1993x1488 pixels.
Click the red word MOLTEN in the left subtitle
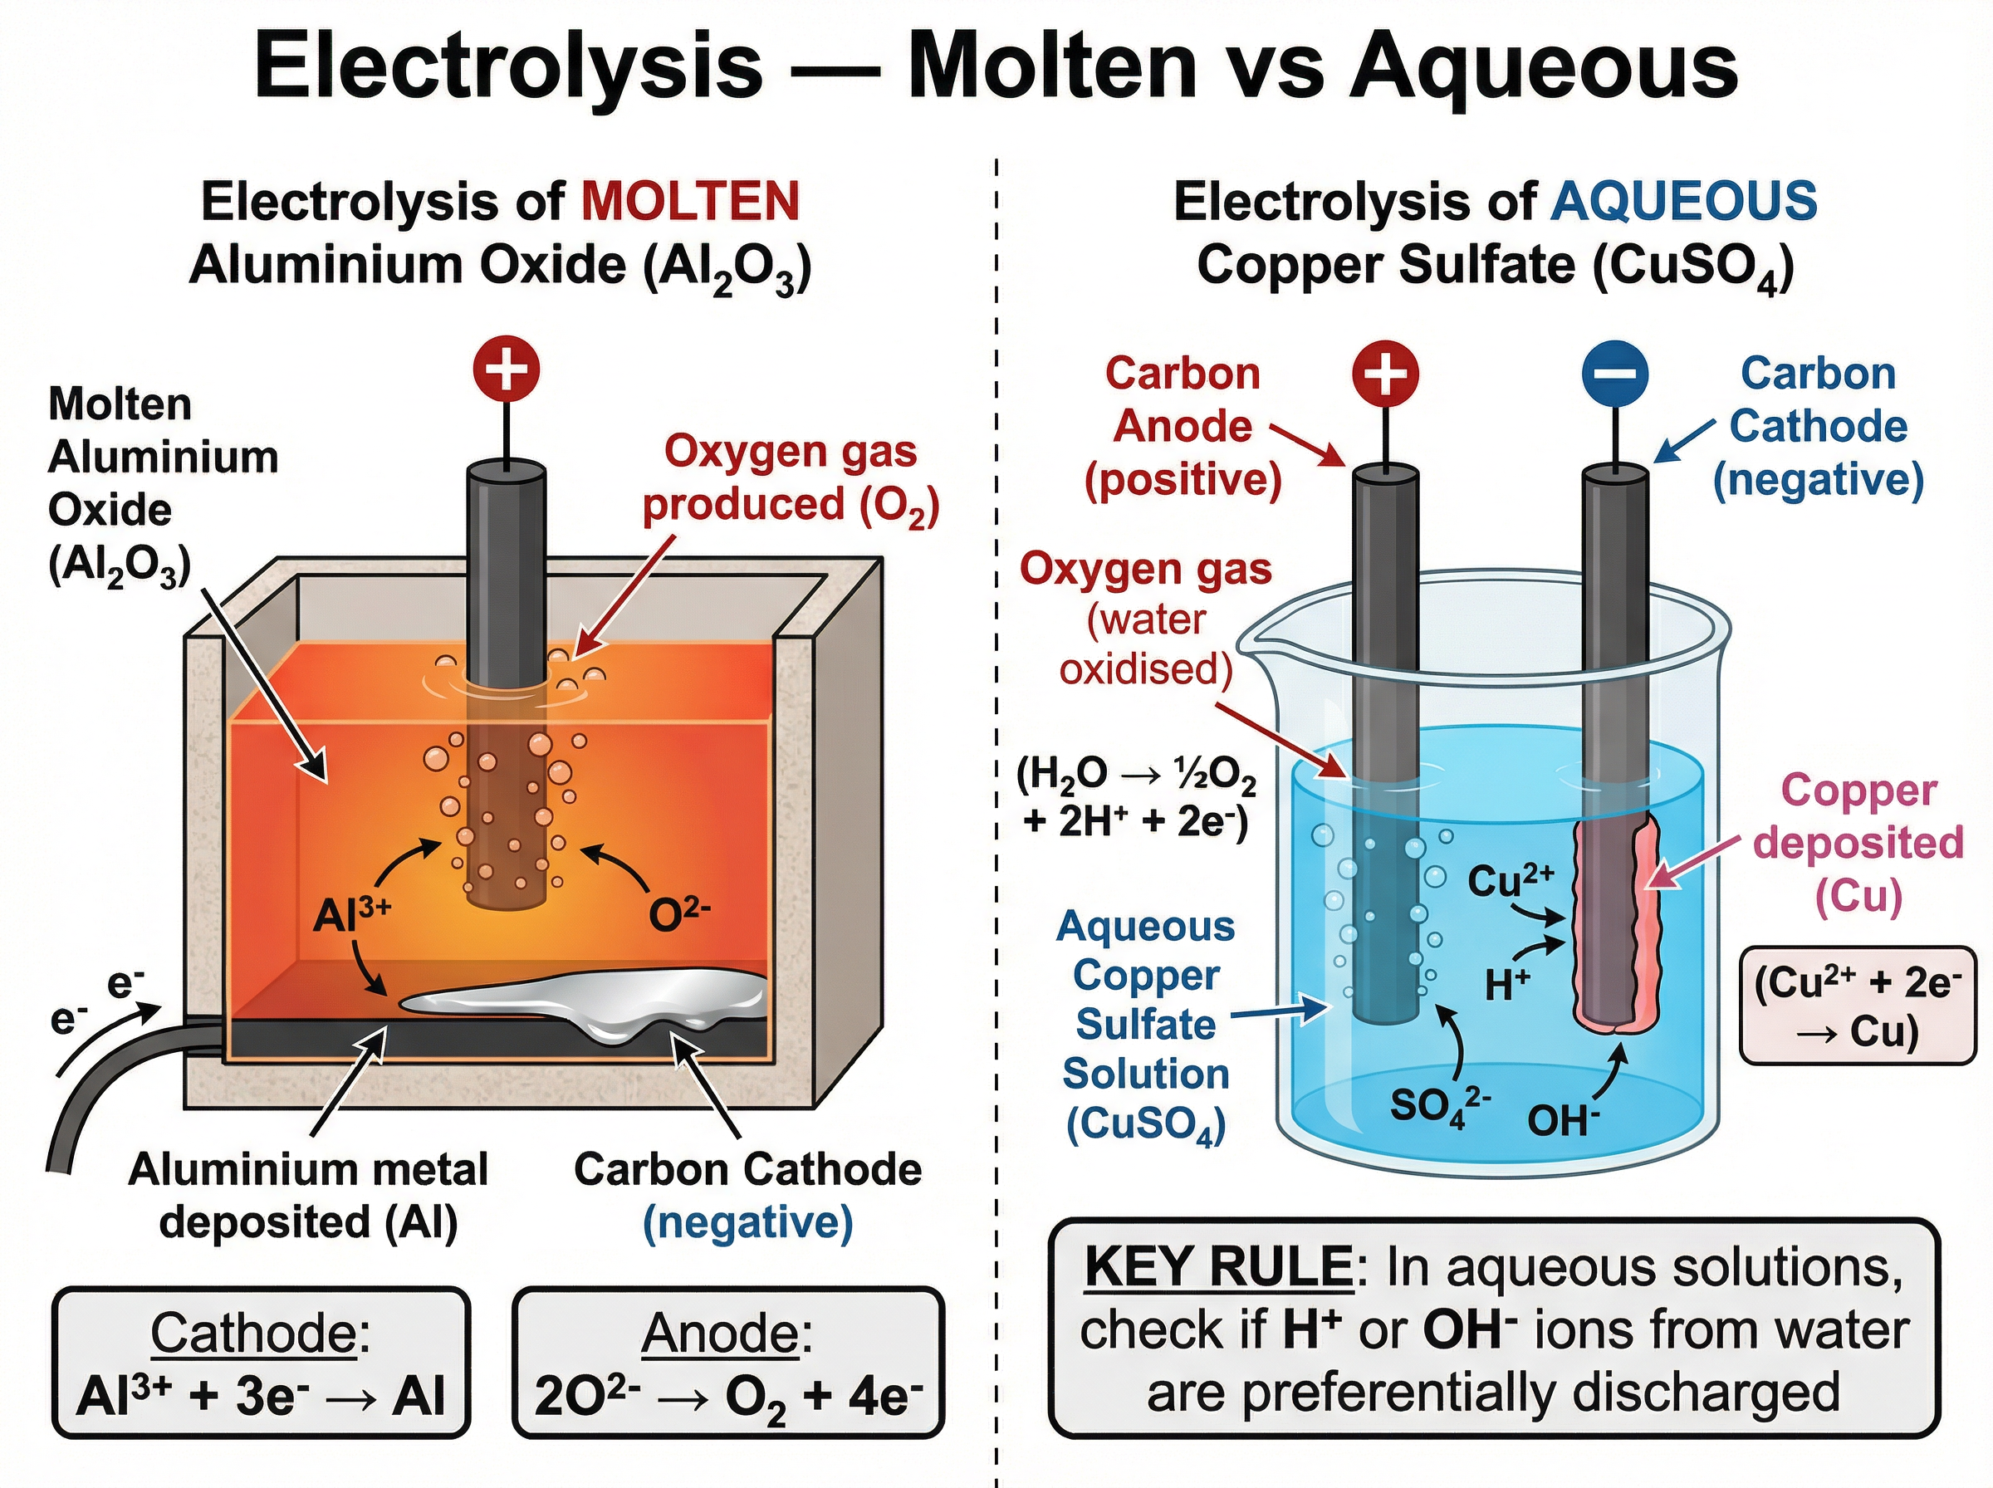pos(690,201)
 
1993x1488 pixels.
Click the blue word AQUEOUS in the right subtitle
pos(1683,201)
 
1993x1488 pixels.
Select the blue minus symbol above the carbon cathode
pos(1615,373)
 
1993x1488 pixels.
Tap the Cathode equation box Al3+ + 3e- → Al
pos(262,1361)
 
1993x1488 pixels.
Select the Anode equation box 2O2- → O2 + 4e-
pos(727,1361)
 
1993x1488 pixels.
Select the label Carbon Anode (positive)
pos(1183,426)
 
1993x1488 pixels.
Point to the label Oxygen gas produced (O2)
pos(790,478)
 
